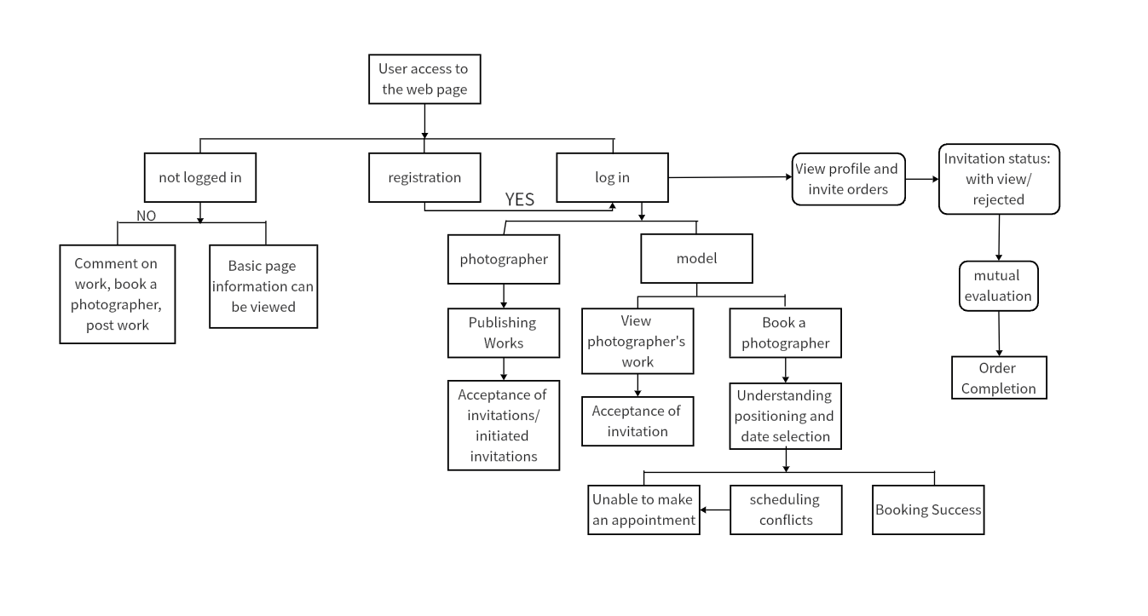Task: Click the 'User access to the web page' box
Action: pos(424,79)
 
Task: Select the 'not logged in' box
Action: pos(200,177)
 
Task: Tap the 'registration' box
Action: pos(424,177)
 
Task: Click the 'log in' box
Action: pos(612,177)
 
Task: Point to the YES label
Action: pos(519,200)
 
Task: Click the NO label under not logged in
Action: pos(146,216)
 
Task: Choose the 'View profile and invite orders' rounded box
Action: pos(848,180)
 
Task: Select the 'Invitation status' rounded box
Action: pos(999,179)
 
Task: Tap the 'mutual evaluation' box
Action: pos(998,286)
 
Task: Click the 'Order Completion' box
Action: pos(999,377)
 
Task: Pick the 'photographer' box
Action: pos(504,259)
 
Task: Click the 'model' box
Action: pos(696,258)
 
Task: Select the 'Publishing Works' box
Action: pos(504,332)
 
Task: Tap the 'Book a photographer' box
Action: pos(785,332)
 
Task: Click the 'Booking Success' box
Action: pos(928,509)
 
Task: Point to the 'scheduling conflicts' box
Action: pos(785,509)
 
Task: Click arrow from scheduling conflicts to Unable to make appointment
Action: pos(715,510)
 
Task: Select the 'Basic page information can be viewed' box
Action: pos(263,286)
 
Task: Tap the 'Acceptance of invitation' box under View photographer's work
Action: pos(637,421)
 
